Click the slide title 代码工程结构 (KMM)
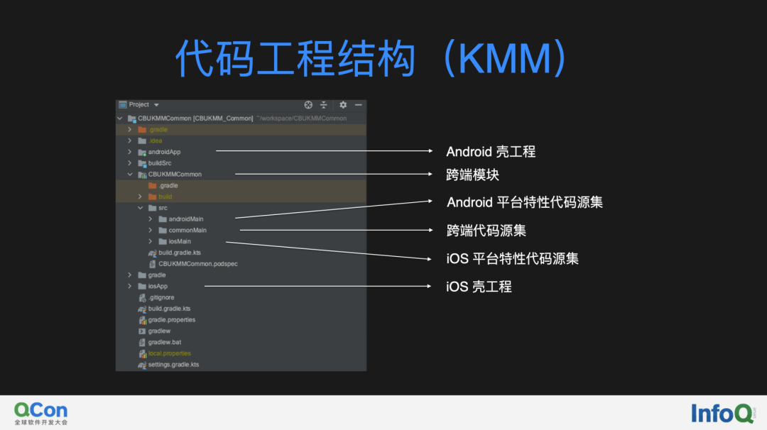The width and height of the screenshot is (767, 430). pos(370,57)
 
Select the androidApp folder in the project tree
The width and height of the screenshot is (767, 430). pos(164,152)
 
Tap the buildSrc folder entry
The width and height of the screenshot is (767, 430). pos(159,163)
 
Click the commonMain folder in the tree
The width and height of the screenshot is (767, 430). pos(187,231)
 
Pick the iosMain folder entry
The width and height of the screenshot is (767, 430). pos(179,241)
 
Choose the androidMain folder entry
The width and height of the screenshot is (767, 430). pos(185,219)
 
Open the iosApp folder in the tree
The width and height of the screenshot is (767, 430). pos(157,287)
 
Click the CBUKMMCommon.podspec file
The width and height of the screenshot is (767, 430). pos(197,264)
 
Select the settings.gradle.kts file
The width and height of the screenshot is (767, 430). pos(173,365)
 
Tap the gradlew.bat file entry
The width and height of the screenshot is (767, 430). pos(164,342)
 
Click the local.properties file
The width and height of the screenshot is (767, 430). pos(169,353)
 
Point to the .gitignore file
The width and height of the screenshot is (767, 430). pos(161,297)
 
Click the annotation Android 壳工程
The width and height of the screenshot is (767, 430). pos(490,152)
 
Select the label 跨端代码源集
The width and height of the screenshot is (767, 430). pos(486,231)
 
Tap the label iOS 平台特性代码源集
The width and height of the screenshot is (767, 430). pos(512,259)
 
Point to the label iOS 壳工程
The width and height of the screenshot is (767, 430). pos(479,287)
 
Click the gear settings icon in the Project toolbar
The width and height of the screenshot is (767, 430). pos(343,105)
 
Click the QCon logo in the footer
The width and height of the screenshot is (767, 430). pos(41,412)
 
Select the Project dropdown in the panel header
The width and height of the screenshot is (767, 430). pos(139,105)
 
